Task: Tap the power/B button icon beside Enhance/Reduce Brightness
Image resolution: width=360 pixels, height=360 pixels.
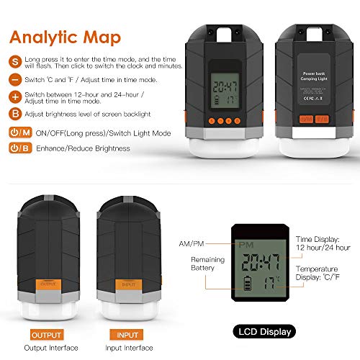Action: pyautogui.click(x=20, y=148)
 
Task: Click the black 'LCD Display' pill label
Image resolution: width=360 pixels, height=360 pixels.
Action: pyautogui.click(x=262, y=332)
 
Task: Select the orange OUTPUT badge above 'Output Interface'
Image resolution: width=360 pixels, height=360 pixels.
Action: pyautogui.click(x=48, y=335)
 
